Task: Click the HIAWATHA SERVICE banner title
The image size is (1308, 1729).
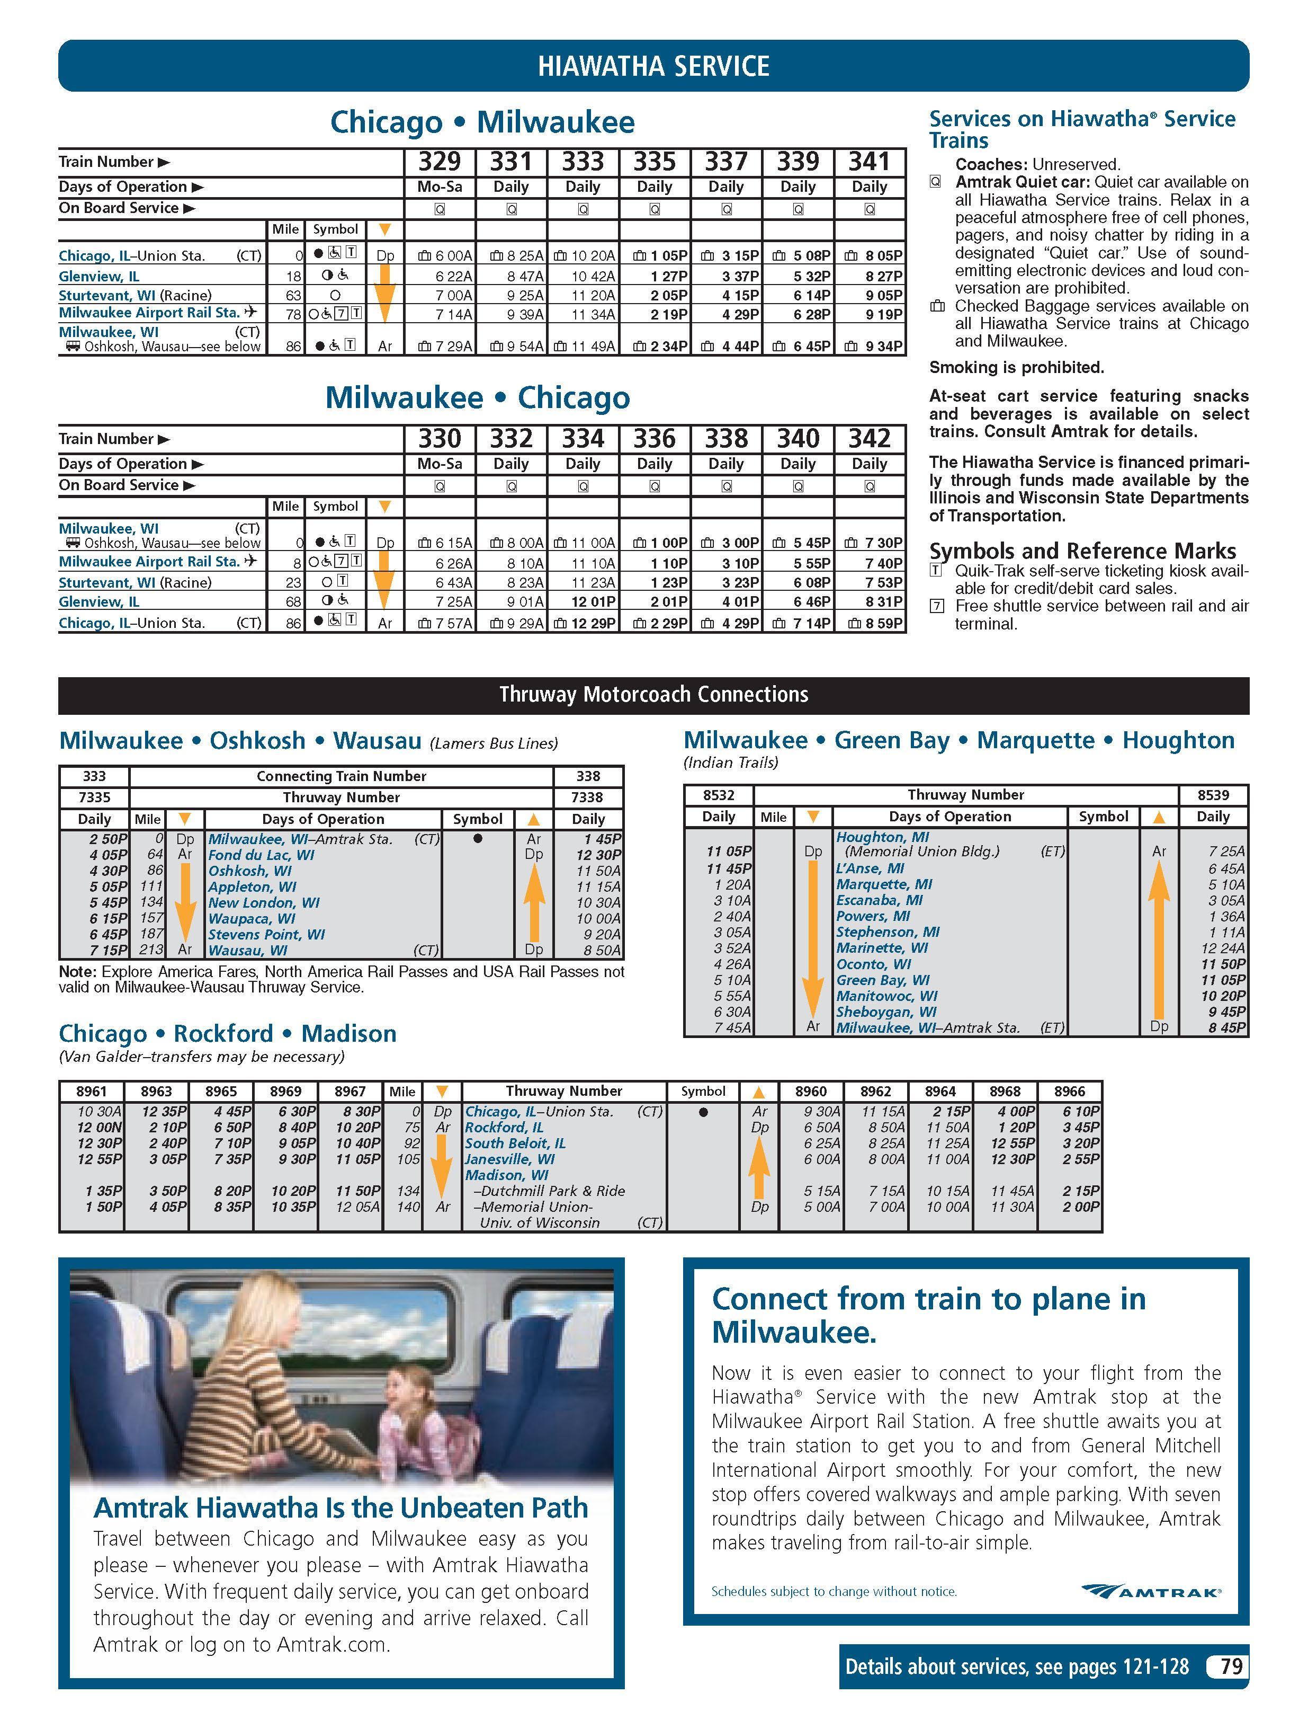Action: (653, 66)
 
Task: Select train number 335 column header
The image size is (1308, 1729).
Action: (654, 162)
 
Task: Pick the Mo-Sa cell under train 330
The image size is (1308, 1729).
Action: (439, 464)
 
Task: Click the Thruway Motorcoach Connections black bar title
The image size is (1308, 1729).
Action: (653, 695)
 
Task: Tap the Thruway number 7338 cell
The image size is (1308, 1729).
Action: (588, 797)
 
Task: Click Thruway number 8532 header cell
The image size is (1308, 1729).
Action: (718, 795)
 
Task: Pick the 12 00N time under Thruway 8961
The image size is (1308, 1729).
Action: (99, 1127)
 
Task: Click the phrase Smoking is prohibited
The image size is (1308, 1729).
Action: (1016, 367)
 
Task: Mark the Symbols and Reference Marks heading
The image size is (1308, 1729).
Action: (1082, 551)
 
